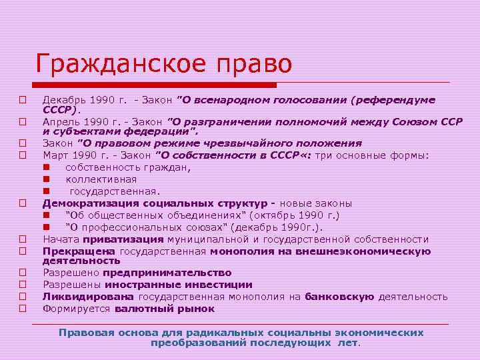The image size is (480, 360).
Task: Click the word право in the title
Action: coord(257,65)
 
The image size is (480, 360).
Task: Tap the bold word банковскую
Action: coord(339,296)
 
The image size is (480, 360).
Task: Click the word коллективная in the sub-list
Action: coord(101,179)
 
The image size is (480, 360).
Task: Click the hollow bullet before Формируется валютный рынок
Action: coord(22,309)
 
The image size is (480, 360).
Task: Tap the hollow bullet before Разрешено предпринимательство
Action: coord(22,273)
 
